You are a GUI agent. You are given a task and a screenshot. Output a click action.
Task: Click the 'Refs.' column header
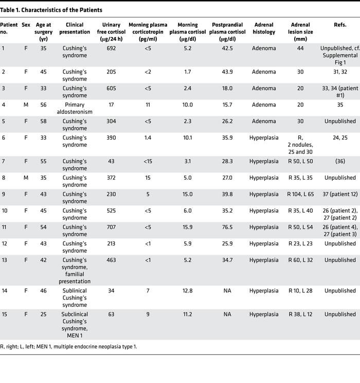point(340,24)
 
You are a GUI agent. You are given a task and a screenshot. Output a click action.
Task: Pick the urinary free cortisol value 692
point(112,48)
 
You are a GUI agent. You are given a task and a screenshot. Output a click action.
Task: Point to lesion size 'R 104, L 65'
point(300,194)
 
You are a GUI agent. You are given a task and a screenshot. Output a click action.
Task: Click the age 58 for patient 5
point(43,121)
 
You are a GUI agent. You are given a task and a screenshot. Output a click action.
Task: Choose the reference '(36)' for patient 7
point(340,161)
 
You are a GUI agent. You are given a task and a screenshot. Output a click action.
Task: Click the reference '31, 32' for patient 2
point(340,72)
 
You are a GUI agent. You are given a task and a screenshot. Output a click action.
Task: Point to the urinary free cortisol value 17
point(112,105)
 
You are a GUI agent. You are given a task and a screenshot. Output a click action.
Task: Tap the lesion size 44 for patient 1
point(300,48)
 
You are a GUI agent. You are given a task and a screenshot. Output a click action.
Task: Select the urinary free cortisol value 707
point(112,227)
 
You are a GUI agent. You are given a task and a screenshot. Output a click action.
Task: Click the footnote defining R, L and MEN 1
point(69,346)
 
